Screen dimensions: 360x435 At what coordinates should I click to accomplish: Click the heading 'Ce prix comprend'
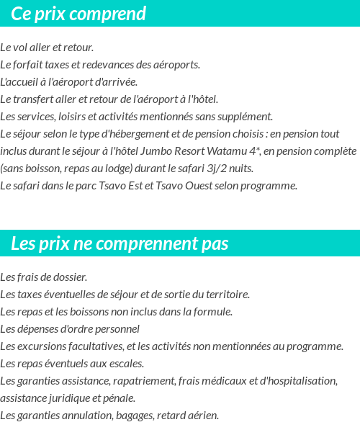(x=78, y=14)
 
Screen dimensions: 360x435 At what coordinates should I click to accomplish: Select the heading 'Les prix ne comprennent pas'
(x=120, y=243)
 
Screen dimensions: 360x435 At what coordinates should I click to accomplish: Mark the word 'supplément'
(x=247, y=117)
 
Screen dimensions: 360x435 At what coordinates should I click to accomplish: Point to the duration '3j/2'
(x=209, y=169)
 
